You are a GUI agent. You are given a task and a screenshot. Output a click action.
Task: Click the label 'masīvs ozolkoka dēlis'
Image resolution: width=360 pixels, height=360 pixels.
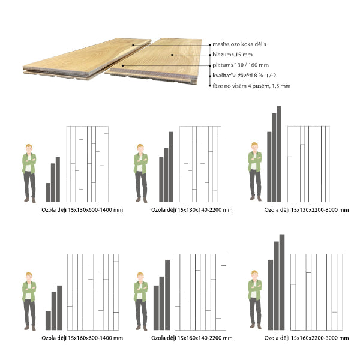point(239,44)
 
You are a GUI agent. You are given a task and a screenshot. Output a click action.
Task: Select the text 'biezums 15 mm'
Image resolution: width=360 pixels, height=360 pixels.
point(232,55)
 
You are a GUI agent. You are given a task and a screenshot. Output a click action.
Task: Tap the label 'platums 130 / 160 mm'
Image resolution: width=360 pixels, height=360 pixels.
point(241,65)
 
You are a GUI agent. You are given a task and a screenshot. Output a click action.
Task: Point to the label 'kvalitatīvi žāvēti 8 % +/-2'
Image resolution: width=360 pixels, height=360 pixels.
point(244,76)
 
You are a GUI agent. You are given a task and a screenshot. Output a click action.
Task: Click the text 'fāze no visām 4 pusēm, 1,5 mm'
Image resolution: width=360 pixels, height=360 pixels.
point(251,86)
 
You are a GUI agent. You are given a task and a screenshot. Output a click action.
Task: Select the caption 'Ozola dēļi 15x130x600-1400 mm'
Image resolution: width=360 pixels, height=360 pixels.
point(82,210)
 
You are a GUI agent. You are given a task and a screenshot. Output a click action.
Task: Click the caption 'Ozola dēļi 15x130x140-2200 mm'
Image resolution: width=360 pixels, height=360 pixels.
point(192,210)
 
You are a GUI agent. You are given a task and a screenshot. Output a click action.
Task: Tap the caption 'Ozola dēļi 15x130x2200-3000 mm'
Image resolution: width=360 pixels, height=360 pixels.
point(307,210)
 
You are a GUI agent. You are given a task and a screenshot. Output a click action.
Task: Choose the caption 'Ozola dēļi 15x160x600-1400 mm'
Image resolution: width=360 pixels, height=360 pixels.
point(82,338)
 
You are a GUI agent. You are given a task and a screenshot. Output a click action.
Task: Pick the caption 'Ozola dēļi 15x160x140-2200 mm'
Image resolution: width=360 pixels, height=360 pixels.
point(192,338)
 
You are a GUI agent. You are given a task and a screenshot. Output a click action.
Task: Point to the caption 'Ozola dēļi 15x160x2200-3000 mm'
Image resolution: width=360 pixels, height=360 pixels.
point(307,338)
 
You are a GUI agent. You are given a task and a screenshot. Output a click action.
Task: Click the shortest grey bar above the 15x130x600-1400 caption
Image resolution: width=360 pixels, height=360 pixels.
point(48,193)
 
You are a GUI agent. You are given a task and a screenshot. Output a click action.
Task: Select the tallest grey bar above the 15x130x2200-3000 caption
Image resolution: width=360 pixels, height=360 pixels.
point(279,154)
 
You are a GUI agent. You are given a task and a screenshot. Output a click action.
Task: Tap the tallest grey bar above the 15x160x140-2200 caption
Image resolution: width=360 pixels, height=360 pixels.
point(167,295)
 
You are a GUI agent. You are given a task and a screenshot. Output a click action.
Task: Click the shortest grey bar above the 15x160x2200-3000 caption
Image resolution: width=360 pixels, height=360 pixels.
point(270,295)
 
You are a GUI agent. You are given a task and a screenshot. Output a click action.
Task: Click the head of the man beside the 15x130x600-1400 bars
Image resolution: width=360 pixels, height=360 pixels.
point(29,148)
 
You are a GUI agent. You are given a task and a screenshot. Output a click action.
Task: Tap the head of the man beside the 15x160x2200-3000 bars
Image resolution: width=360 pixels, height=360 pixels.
point(254,275)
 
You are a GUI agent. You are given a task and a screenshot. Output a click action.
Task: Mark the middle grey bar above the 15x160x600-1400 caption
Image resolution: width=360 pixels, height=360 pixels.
point(54,311)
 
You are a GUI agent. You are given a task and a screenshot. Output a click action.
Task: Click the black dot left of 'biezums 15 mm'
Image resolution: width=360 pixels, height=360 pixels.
point(210,55)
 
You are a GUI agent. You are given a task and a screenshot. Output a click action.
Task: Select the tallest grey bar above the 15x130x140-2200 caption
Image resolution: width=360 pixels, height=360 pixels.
point(171,167)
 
